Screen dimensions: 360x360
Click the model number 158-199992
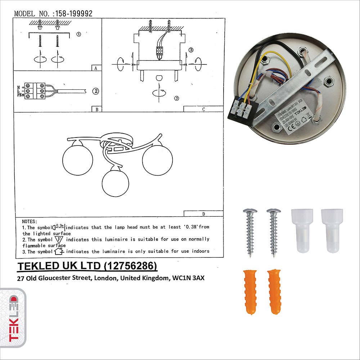tap(73, 14)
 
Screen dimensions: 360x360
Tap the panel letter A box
tap(96, 68)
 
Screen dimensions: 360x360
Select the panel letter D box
tap(203, 214)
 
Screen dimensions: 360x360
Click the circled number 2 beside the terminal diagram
tap(95, 91)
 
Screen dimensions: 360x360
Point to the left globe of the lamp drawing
tap(77, 158)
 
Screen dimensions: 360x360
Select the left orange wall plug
tap(250, 291)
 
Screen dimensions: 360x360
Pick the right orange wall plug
tap(274, 291)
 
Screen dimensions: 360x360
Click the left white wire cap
tap(302, 230)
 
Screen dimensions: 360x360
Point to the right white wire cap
tap(332, 230)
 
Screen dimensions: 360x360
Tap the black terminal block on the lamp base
tap(241, 112)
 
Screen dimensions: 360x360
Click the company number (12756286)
tap(130, 266)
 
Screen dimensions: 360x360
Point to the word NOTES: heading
tap(30, 221)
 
